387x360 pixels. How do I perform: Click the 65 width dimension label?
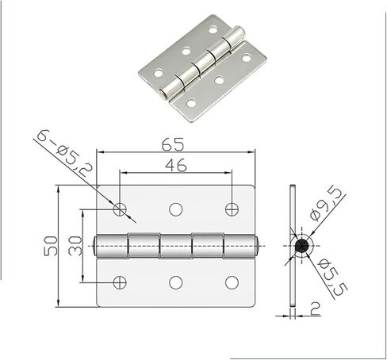point(173,144)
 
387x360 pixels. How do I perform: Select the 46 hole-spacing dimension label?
point(176,165)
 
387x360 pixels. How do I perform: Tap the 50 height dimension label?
point(51,246)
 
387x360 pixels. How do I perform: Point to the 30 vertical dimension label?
point(75,246)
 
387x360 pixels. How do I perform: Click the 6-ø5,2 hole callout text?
point(64,152)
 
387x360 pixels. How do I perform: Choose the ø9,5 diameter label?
point(325,203)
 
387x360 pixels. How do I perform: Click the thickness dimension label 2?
point(315,308)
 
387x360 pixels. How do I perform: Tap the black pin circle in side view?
point(302,246)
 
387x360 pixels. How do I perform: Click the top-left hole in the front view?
point(120,209)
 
